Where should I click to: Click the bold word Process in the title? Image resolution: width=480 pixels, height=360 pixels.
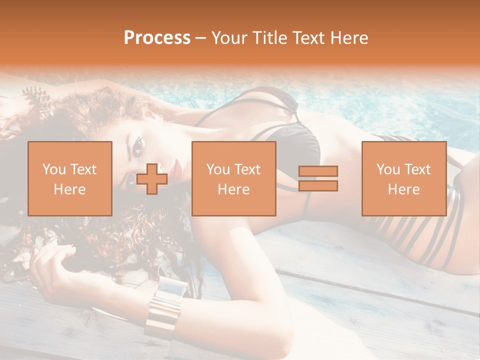click(x=157, y=37)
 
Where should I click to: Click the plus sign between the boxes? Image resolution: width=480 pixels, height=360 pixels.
click(x=152, y=178)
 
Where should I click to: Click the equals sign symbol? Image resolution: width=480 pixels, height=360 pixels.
click(x=318, y=178)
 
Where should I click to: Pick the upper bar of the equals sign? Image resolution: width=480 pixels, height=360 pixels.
click(x=318, y=171)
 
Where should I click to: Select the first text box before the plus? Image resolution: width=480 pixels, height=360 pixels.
click(x=69, y=178)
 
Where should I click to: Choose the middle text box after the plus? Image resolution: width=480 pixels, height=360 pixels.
click(x=233, y=178)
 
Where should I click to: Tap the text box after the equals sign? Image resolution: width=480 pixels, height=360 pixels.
click(x=403, y=178)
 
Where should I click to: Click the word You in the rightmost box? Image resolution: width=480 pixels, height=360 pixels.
click(x=387, y=169)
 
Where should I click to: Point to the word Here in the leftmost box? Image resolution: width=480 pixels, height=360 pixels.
click(x=69, y=189)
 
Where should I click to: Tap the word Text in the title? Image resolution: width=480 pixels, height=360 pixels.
click(x=307, y=37)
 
